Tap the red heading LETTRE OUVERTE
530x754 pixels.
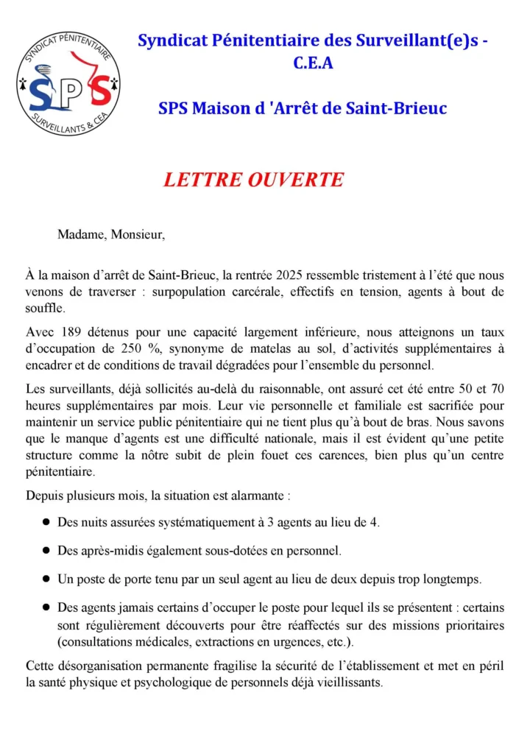(x=253, y=180)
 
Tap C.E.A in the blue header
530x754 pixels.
(x=313, y=63)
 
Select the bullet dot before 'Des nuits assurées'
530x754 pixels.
(x=46, y=522)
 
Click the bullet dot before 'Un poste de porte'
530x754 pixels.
(x=46, y=578)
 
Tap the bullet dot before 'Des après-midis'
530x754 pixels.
(x=46, y=550)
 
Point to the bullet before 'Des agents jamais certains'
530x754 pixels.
(x=46, y=607)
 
